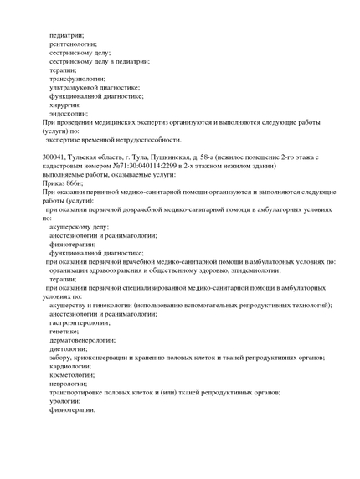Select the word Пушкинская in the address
[x=170, y=157]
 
